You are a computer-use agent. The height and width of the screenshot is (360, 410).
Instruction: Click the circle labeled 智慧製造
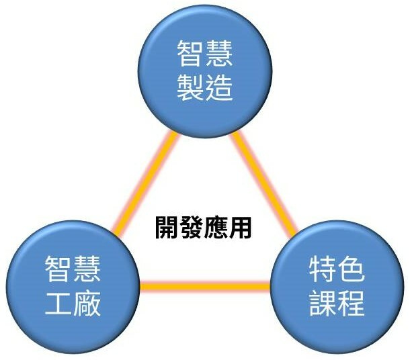click(204, 70)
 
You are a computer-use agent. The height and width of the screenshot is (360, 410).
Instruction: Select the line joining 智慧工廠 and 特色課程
click(205, 287)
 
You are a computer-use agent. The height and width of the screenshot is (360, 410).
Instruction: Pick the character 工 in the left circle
click(58, 304)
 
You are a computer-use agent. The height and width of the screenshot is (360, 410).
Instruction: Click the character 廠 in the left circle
click(87, 304)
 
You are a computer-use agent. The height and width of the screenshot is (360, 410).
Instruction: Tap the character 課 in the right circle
click(323, 304)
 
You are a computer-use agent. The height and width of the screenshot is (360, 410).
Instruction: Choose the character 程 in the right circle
click(352, 304)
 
